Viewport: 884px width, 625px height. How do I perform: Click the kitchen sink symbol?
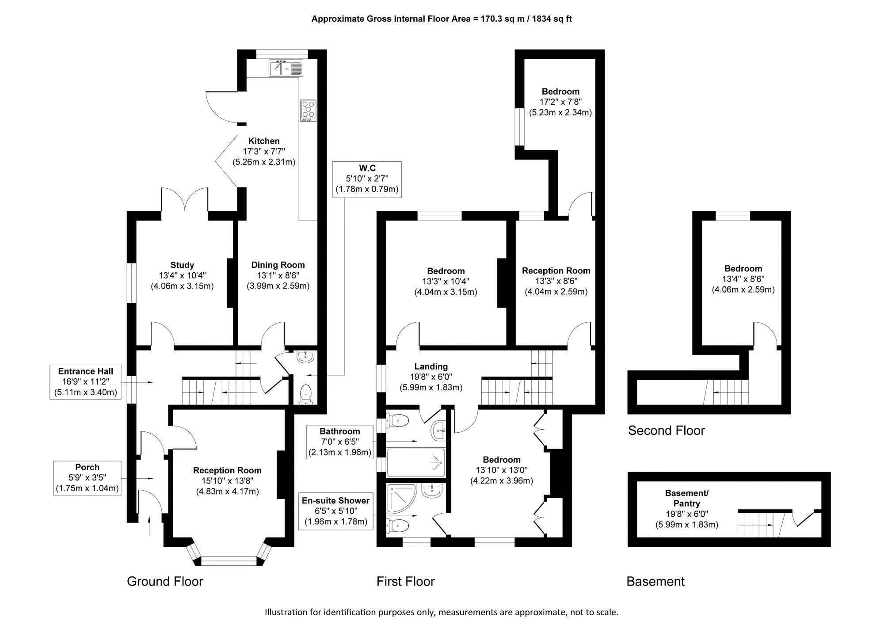[286, 68]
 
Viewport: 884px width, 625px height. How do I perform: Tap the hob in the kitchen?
[308, 111]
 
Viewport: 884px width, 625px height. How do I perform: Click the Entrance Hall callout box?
[85, 382]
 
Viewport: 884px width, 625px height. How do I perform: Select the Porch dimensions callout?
[87, 478]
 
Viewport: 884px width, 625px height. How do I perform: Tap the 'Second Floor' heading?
[666, 431]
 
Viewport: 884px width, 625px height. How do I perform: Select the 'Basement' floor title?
[655, 581]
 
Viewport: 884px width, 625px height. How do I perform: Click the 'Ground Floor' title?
[165, 581]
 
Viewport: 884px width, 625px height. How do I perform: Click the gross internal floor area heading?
[442, 19]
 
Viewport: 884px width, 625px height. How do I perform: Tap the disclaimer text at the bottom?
[442, 612]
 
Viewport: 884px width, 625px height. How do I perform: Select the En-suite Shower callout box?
[335, 511]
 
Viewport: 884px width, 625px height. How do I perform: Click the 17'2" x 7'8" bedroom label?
[560, 102]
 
